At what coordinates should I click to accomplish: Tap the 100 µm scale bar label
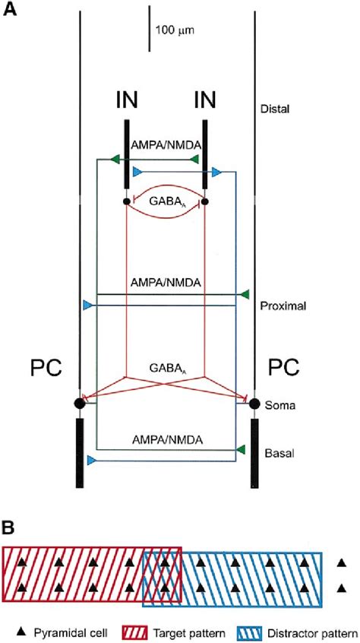(175, 31)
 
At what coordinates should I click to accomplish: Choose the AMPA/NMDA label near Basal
(167, 439)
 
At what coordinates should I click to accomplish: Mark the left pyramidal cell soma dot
(79, 403)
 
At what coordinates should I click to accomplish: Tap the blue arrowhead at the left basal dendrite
(90, 461)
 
